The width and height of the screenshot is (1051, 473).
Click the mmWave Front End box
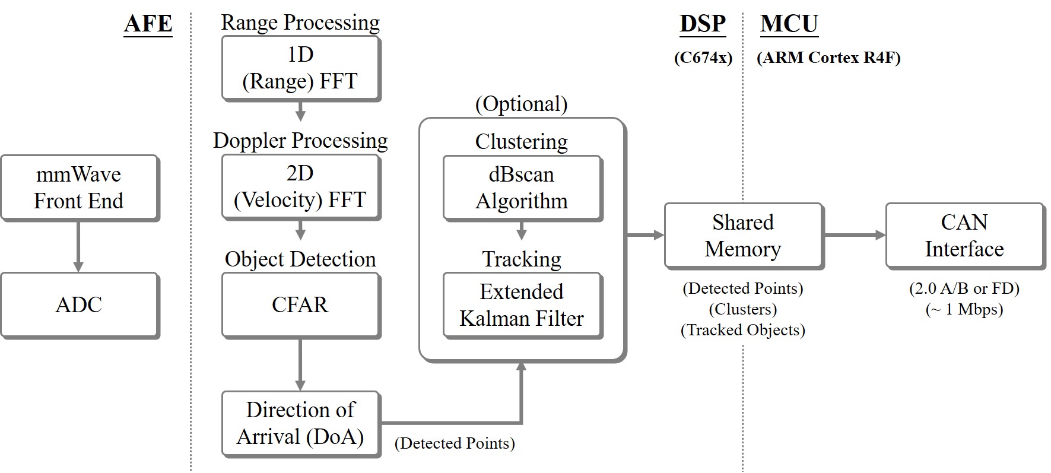80,188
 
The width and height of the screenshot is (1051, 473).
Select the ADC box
80,306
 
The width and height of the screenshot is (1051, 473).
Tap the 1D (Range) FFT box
301,69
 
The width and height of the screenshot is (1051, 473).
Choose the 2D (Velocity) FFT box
301,188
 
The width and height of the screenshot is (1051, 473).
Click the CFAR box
301,306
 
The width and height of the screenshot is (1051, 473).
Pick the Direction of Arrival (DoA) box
301,424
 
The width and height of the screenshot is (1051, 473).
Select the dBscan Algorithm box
523,188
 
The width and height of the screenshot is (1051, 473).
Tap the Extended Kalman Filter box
523,306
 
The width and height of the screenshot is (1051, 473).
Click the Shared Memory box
744,236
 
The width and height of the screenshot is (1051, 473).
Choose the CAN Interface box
965,236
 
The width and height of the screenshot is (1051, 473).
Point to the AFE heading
148,24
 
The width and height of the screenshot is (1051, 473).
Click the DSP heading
703,24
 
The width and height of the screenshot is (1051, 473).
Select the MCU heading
789,24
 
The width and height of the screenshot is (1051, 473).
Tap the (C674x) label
703,58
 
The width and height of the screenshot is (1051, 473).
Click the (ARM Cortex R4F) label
829,58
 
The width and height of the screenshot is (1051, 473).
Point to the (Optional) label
522,104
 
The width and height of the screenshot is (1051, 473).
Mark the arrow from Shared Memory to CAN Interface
855,236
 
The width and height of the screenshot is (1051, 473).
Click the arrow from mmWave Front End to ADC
78,247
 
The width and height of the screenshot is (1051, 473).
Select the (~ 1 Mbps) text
964,310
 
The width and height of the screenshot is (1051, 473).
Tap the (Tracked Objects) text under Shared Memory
743,331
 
